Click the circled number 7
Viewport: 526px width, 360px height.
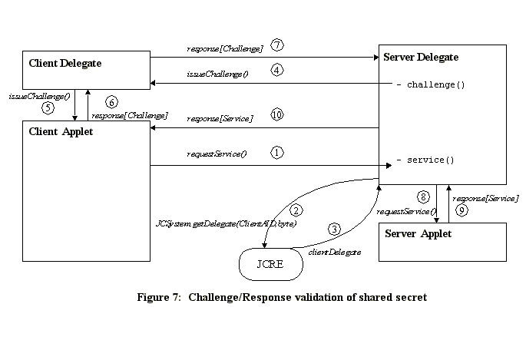point(277,45)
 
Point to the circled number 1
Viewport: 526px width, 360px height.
point(277,153)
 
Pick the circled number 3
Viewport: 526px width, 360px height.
point(334,229)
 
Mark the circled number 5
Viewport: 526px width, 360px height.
point(48,108)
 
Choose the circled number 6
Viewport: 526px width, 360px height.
point(111,102)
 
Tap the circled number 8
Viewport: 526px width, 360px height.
point(422,198)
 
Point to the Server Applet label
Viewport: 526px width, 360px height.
point(418,233)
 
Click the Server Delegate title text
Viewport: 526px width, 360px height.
point(420,58)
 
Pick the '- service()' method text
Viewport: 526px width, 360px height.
point(425,160)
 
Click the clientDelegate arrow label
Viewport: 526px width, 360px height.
point(335,251)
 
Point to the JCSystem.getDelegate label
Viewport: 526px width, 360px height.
point(226,223)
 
